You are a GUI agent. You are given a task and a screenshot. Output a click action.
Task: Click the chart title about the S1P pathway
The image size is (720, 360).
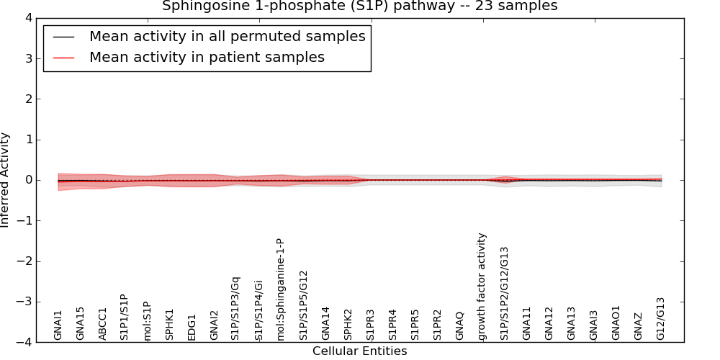(x=359, y=6)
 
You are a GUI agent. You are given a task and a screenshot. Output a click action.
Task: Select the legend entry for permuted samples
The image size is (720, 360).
(x=227, y=36)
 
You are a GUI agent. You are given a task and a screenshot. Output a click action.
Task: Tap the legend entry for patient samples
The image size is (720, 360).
(x=207, y=57)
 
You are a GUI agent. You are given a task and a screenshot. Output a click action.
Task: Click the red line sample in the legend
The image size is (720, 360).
(x=63, y=57)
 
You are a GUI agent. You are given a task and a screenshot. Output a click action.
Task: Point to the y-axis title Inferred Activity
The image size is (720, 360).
(x=6, y=180)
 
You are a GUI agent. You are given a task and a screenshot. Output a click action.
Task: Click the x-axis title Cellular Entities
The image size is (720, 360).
(x=359, y=351)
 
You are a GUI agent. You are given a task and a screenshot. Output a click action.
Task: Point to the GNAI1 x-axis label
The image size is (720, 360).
(x=58, y=325)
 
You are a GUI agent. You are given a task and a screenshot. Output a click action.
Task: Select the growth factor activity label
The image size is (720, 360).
(x=482, y=286)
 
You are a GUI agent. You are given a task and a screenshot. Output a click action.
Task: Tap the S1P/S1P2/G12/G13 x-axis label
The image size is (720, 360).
(x=505, y=293)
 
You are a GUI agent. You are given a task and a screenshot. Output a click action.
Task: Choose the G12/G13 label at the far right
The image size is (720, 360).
(x=661, y=318)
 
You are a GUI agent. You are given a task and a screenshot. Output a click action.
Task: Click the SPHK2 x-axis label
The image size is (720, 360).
(x=348, y=324)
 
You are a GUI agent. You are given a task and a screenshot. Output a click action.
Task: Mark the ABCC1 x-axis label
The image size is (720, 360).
(x=103, y=323)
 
